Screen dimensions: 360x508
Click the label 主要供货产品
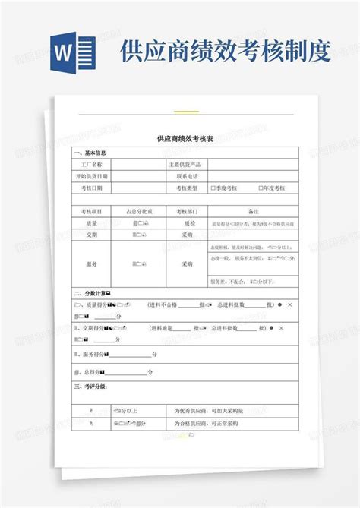pos(185,163)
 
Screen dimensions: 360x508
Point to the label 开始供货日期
pos(92,175)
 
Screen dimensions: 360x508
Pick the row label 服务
pos(92,263)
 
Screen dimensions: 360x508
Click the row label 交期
pos(92,235)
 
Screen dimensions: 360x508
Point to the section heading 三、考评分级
pos(90,387)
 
